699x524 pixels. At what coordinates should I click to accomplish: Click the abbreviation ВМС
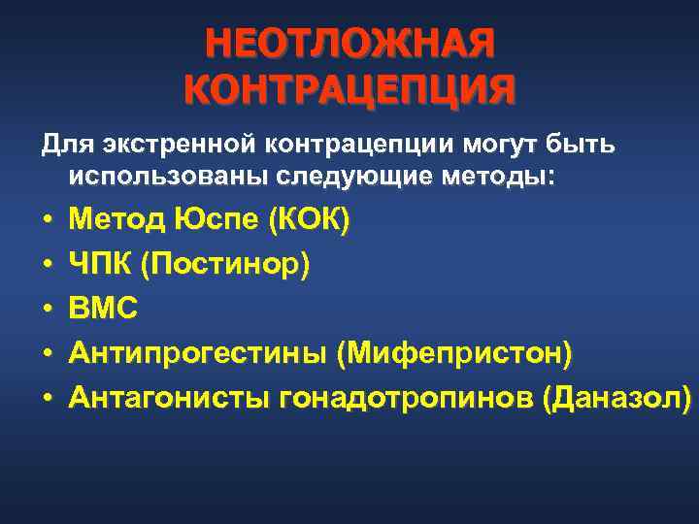click(x=104, y=310)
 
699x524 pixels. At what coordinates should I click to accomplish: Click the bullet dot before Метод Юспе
click(x=46, y=221)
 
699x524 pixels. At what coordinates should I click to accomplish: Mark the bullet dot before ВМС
click(x=46, y=311)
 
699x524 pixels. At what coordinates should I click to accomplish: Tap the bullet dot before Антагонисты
click(x=46, y=399)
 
